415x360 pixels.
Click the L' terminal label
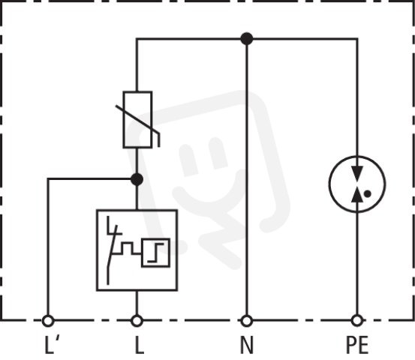53,345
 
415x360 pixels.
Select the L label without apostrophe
140,345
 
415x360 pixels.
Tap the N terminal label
247,345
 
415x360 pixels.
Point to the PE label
357,345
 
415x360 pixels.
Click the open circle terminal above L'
48,321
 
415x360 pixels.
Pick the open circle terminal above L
137,321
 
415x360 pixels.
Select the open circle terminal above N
247,321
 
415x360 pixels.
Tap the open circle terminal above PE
357,321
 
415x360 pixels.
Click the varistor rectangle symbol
124,119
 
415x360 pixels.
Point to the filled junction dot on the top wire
247,39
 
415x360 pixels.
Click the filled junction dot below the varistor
137,179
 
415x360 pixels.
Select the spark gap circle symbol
329,184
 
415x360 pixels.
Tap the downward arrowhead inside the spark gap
357,172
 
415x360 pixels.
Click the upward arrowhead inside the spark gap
357,195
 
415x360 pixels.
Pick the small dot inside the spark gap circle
368,194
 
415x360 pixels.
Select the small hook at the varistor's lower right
157,139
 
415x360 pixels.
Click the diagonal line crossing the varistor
137,119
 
